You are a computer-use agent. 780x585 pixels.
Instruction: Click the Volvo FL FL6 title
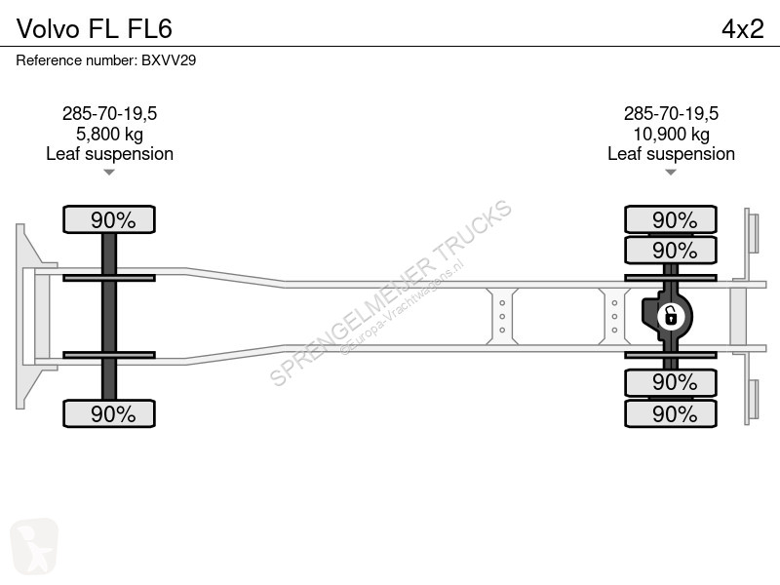(x=95, y=28)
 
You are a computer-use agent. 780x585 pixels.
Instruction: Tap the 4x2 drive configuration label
(x=743, y=28)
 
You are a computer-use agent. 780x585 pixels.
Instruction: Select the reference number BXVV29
(x=169, y=60)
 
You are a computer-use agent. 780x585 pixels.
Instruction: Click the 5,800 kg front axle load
(x=109, y=134)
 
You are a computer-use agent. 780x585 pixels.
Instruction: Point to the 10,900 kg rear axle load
(x=671, y=134)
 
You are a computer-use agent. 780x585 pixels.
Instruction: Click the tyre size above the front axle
(x=109, y=113)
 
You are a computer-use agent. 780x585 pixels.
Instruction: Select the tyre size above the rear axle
(x=671, y=113)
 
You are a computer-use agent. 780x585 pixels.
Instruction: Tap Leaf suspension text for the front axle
(x=109, y=154)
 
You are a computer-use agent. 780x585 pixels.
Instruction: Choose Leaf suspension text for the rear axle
(x=671, y=154)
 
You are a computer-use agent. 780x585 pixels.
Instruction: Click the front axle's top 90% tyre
(x=109, y=219)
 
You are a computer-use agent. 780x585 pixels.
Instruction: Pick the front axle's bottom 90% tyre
(x=109, y=413)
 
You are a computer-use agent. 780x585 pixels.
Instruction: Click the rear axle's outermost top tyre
(x=671, y=219)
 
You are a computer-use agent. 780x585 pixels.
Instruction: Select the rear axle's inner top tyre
(x=671, y=251)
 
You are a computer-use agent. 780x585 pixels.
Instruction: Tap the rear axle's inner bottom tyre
(x=671, y=382)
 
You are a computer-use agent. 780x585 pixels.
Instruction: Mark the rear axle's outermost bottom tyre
(x=671, y=413)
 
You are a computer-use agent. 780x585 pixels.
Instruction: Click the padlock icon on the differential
(x=671, y=316)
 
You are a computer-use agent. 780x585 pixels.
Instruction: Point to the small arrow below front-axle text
(x=109, y=173)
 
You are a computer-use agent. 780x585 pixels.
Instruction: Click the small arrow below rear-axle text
(x=671, y=173)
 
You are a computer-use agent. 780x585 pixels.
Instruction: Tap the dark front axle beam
(x=109, y=316)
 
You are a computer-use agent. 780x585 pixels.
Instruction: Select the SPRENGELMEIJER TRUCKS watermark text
(x=391, y=292)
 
